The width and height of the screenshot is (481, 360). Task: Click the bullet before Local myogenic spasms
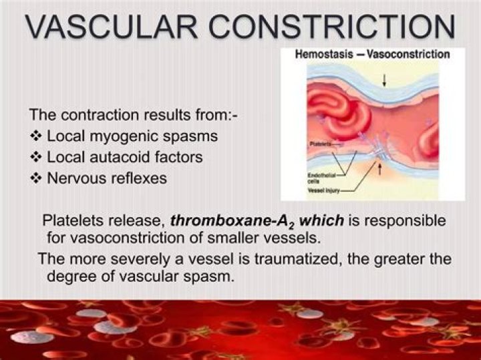point(37,137)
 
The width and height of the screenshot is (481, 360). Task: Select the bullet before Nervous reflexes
point(37,179)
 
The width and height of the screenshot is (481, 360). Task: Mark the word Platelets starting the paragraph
point(71,221)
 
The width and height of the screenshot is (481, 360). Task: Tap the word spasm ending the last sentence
point(213,275)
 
